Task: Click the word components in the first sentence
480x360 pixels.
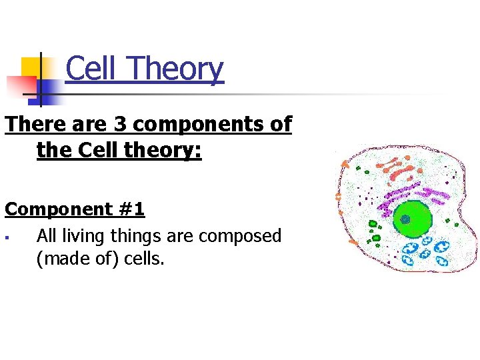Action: [x=185, y=125]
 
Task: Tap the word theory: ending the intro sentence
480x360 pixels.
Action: [x=162, y=151]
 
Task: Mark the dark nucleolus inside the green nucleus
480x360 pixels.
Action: [x=405, y=219]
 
